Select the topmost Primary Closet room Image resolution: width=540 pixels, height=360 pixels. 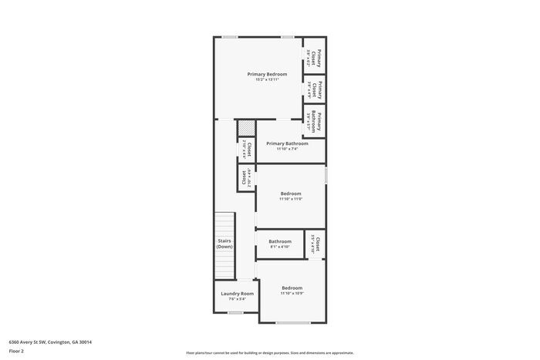click(313, 56)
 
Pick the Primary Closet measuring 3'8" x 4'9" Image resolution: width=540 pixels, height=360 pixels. click(313, 89)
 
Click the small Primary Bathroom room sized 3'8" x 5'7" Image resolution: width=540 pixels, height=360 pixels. click(313, 122)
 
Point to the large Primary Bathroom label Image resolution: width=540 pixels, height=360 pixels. click(287, 143)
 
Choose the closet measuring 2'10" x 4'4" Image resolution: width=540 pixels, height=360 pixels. click(245, 151)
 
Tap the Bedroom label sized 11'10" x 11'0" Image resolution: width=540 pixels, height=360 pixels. click(291, 193)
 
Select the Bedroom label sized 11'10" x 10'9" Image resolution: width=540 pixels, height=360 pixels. click(291, 288)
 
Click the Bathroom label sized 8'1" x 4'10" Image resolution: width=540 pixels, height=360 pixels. click(280, 241)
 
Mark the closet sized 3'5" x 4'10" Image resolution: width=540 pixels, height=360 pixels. click(316, 244)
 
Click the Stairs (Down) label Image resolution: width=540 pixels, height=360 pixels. click(224, 244)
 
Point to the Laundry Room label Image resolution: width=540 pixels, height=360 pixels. click(237, 294)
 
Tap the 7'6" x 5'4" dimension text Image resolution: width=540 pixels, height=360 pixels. click(237, 299)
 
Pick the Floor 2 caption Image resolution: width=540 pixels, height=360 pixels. click(17, 351)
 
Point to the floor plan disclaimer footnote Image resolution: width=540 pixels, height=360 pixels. click(270, 351)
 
